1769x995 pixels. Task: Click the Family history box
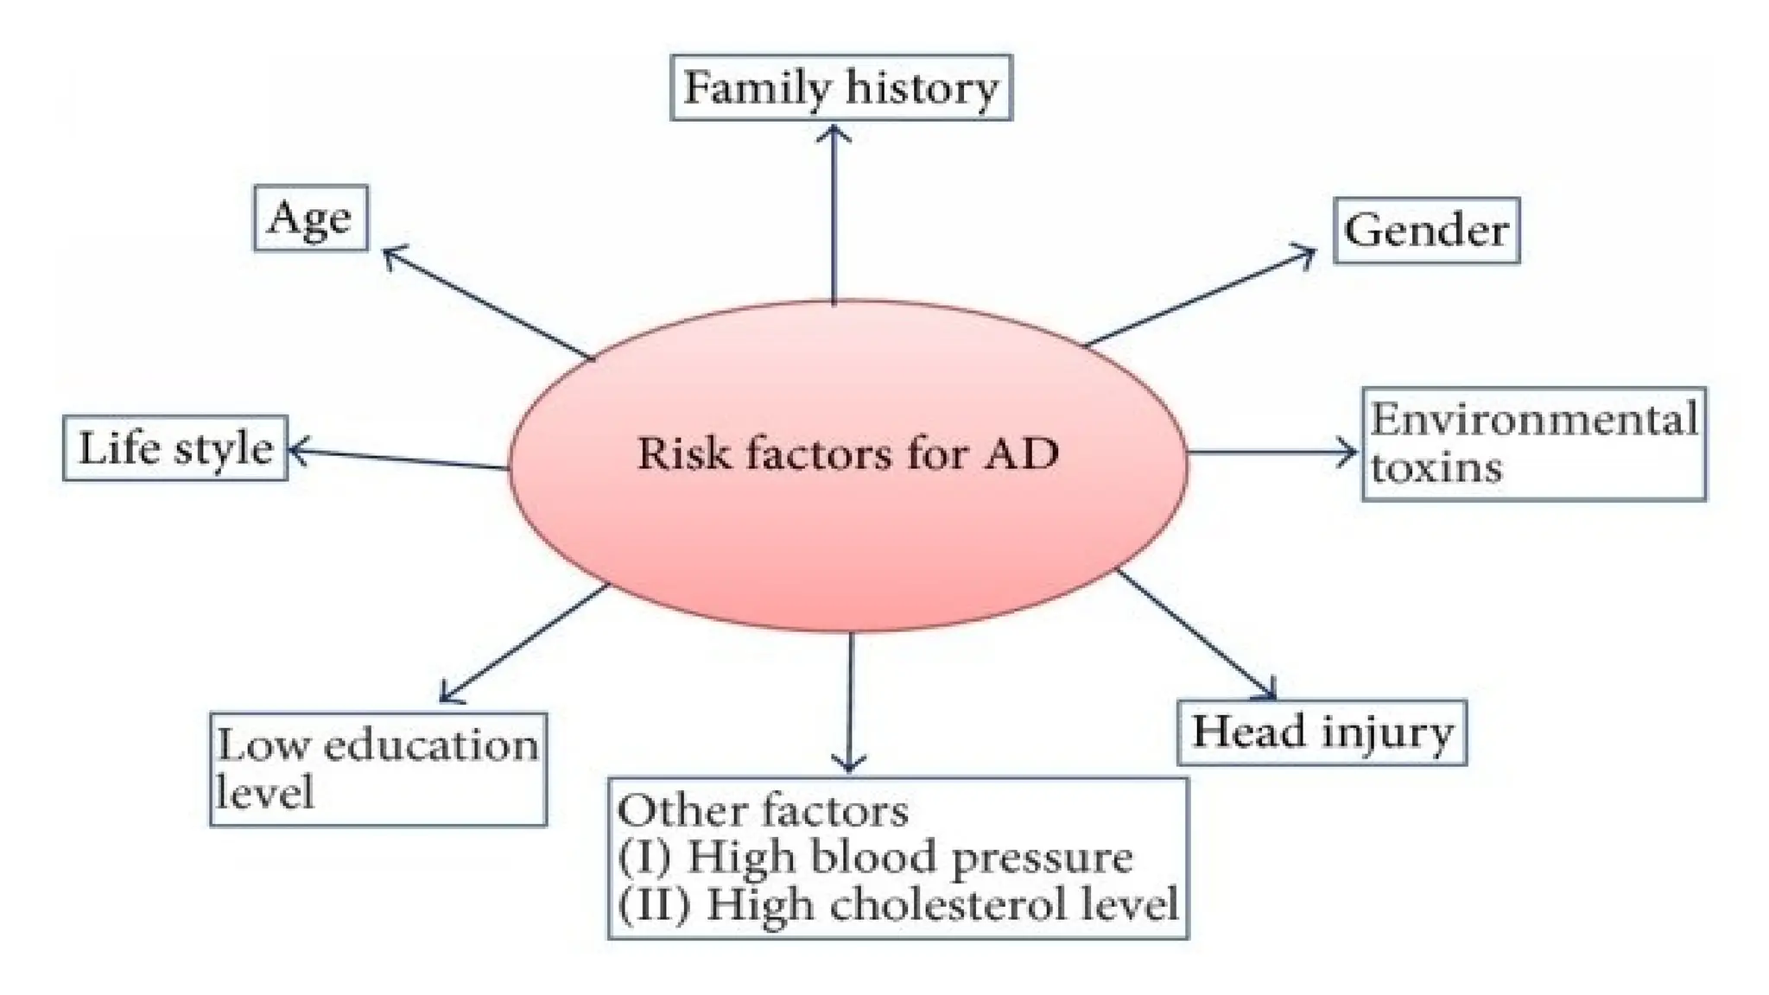pos(840,88)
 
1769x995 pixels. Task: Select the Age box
pos(310,218)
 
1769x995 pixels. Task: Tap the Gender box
pos(1426,231)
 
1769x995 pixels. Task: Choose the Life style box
pos(175,448)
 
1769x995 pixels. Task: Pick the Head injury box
pos(1322,732)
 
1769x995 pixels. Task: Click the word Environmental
pos(1533,421)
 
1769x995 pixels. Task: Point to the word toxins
pos(1436,468)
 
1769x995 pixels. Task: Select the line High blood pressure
pos(876,858)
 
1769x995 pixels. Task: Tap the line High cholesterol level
pos(898,905)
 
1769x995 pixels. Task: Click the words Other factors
pos(763,811)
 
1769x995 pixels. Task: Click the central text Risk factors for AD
pos(847,453)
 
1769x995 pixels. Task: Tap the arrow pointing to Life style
pos(398,458)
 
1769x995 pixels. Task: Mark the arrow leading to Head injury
pos(1197,634)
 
